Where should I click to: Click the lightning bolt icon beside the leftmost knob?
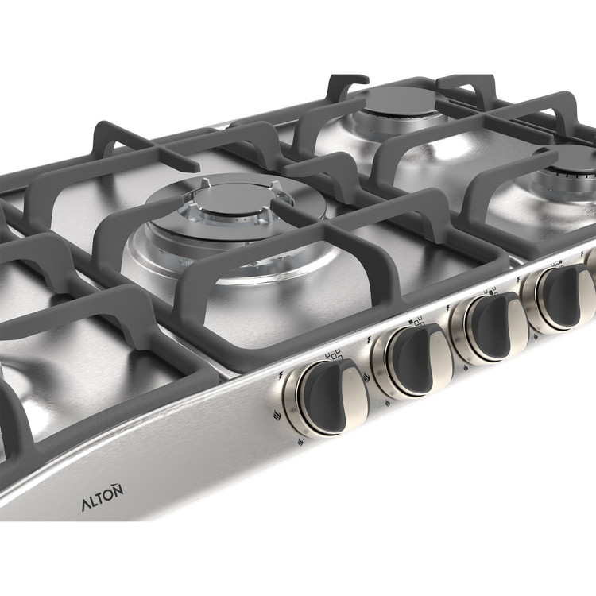[x=281, y=375]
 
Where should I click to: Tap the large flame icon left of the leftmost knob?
[x=277, y=415]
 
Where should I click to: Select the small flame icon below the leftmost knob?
[x=300, y=442]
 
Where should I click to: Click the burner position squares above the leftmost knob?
[x=333, y=355]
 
